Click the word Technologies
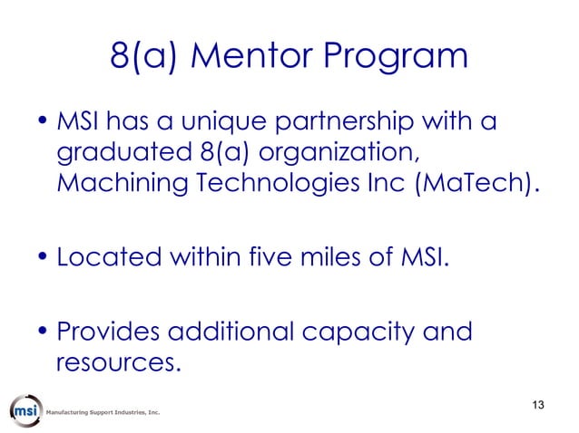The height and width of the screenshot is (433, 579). [x=280, y=185]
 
